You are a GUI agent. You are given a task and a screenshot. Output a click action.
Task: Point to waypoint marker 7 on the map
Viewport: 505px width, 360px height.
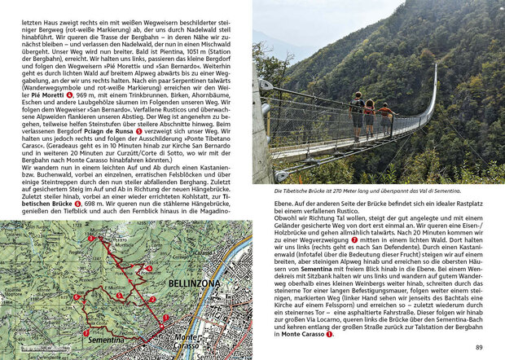pyautogui.click(x=86, y=333)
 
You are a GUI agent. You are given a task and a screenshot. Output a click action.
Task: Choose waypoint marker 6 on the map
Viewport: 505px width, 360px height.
pyautogui.click(x=76, y=297)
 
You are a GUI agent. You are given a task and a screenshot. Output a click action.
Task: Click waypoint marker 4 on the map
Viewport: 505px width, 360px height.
pyautogui.click(x=149, y=268)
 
